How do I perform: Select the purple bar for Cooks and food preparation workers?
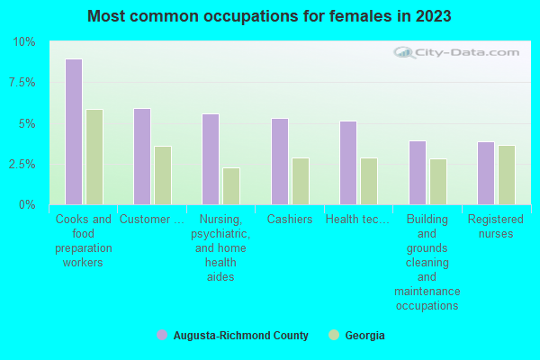pos(74,132)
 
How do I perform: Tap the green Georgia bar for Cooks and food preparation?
pos(94,157)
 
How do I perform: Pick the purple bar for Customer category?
pos(142,157)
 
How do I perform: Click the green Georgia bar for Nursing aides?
pos(231,186)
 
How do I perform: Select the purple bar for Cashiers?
pos(280,162)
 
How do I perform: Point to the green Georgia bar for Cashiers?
pos(301,182)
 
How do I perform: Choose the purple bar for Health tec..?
pos(348,163)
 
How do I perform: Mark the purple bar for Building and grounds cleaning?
pos(418,173)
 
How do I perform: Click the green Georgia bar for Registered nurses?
pos(507,175)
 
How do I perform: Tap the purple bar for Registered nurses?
pos(486,174)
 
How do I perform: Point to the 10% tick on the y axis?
pos(24,42)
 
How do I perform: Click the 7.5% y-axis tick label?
pos(22,83)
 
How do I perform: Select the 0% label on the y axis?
pos(27,205)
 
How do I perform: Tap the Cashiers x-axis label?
pos(290,220)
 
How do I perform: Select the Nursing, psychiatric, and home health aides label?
pos(221,247)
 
